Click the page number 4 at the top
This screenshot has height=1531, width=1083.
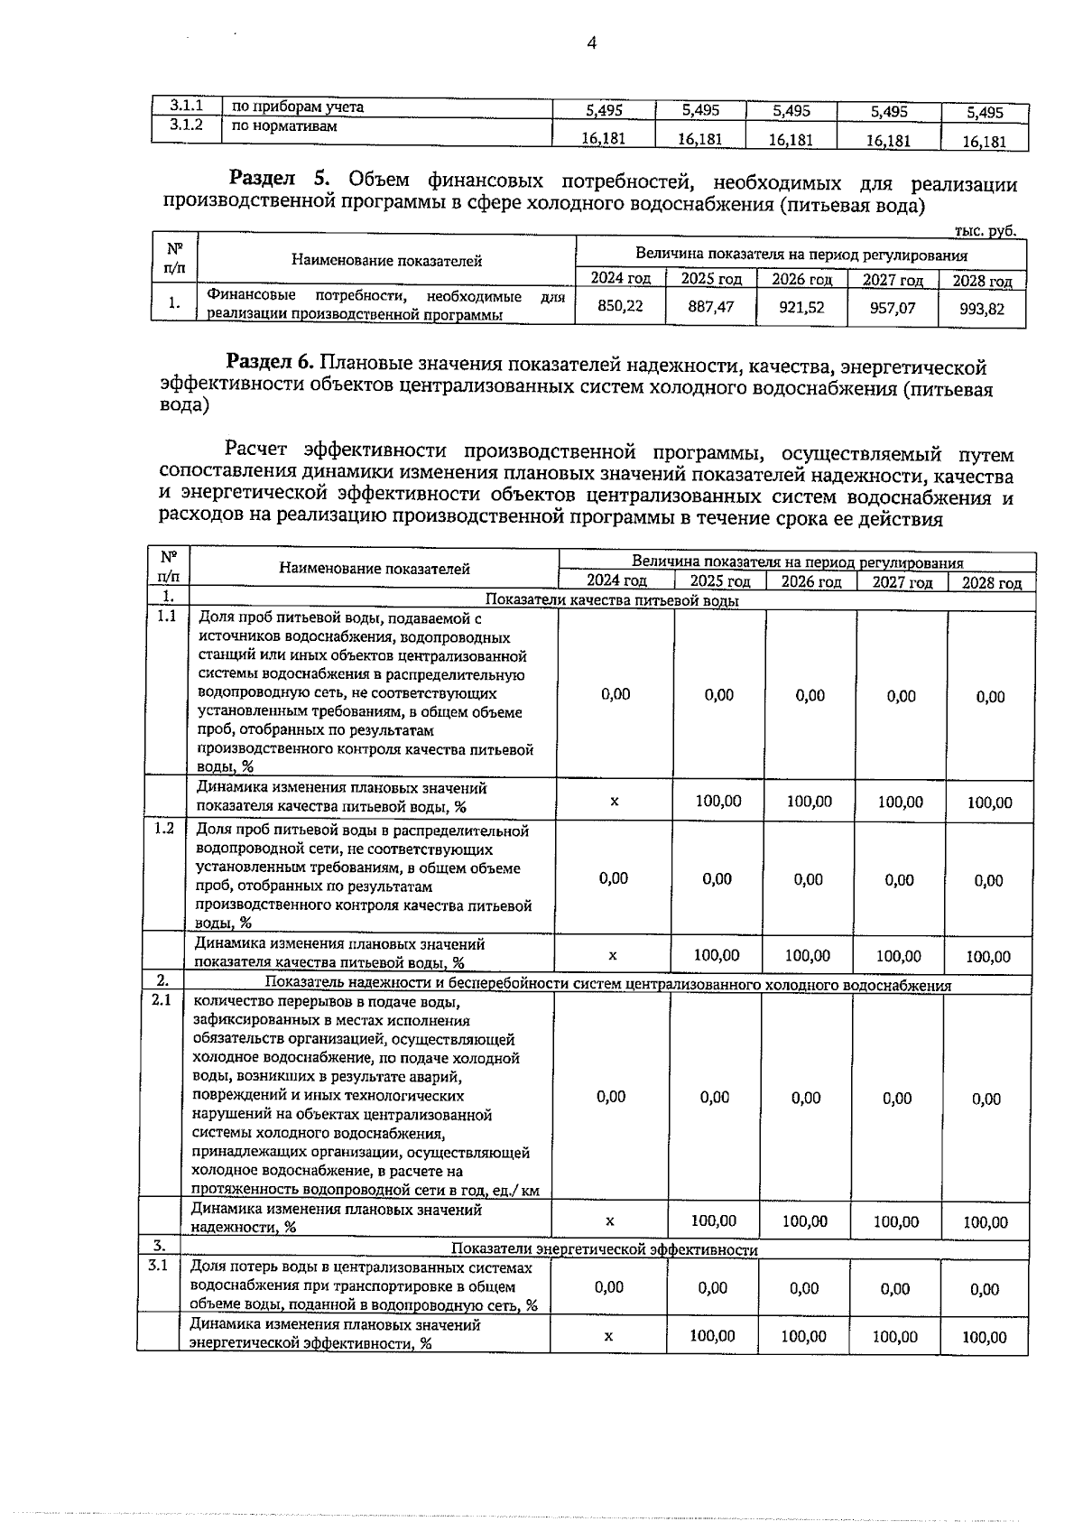click(x=592, y=43)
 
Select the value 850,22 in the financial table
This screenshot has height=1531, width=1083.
click(x=621, y=306)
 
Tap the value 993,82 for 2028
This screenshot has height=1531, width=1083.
click(x=981, y=309)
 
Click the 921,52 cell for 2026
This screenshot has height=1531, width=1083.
click(x=801, y=307)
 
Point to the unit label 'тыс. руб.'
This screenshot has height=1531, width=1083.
click(x=985, y=231)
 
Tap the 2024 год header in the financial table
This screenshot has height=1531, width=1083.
click(x=620, y=278)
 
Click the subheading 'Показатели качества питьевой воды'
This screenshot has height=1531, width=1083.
click(x=612, y=600)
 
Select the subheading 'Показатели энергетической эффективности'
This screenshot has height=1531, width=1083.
click(x=604, y=1249)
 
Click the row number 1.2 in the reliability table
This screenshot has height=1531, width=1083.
click(x=163, y=828)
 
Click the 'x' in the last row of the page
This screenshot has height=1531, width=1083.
click(x=608, y=1336)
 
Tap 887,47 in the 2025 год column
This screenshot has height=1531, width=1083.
click(x=710, y=307)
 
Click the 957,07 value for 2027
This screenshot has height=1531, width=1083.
click(x=892, y=308)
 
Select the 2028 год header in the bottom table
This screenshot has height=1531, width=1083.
click(x=991, y=582)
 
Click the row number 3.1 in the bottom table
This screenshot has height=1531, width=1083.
click(x=158, y=1266)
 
